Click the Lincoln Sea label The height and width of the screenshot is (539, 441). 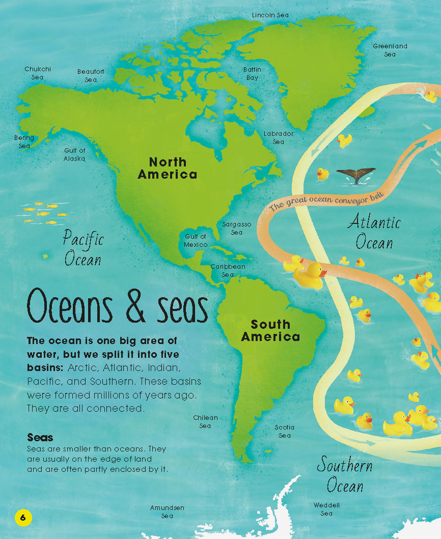(x=270, y=15)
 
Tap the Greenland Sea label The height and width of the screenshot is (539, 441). (x=390, y=50)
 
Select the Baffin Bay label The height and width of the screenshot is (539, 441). (x=252, y=74)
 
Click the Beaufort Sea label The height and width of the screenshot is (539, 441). (x=91, y=76)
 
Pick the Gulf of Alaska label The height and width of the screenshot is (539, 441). (x=75, y=155)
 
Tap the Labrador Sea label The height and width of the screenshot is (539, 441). (x=279, y=138)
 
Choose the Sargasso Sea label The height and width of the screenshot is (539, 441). (x=237, y=228)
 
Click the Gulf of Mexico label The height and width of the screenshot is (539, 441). (x=196, y=241)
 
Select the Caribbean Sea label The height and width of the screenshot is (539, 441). (x=228, y=270)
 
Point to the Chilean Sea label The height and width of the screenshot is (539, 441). (x=205, y=422)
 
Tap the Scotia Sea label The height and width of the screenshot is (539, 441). (x=285, y=431)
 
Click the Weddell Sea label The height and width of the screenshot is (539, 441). (x=326, y=509)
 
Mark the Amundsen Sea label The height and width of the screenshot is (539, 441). (x=167, y=512)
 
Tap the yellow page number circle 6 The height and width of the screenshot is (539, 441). (x=23, y=518)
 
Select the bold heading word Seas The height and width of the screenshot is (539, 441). (x=40, y=438)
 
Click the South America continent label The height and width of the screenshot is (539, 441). (x=270, y=331)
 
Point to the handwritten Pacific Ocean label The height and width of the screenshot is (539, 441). (x=84, y=248)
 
